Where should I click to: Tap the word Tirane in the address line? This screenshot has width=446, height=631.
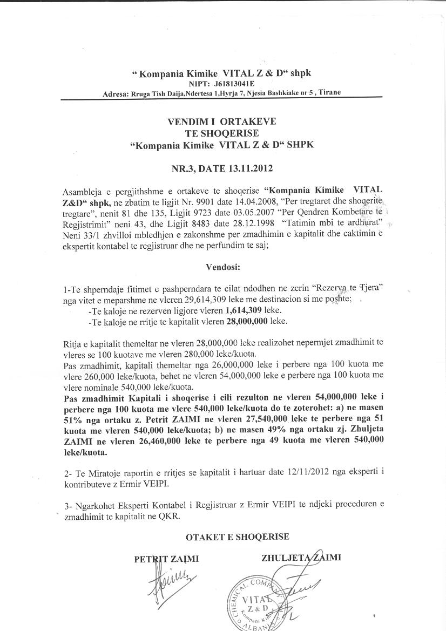point(329,93)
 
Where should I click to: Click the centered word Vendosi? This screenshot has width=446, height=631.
point(223,267)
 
